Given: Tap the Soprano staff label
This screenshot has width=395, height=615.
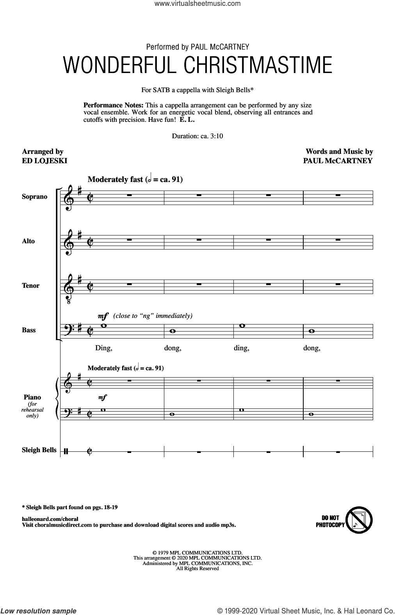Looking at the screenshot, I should [34, 196].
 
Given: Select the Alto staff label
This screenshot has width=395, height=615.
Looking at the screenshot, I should [28, 241].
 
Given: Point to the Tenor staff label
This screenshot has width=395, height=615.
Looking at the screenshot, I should [30, 285].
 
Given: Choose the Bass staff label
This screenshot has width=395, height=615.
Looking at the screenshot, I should [28, 330].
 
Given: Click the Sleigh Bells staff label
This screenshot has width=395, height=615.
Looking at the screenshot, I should [39, 450].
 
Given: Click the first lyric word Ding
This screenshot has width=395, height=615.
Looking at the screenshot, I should [103, 348].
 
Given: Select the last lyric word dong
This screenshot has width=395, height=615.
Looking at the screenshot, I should [311, 348].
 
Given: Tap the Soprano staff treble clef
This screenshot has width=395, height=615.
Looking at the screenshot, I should [69, 198].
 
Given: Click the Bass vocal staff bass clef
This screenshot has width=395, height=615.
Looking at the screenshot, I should [68, 331].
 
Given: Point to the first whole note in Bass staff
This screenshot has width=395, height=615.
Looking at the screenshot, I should [103, 326].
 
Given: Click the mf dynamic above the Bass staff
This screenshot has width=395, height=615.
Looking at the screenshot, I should [103, 316].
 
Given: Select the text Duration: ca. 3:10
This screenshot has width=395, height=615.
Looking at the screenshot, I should [197, 136].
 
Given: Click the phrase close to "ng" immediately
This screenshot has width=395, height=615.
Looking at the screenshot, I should [153, 316].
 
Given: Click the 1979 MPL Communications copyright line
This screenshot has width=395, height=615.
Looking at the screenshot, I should [197, 553].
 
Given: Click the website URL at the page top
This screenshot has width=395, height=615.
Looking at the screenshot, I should [197, 4].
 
